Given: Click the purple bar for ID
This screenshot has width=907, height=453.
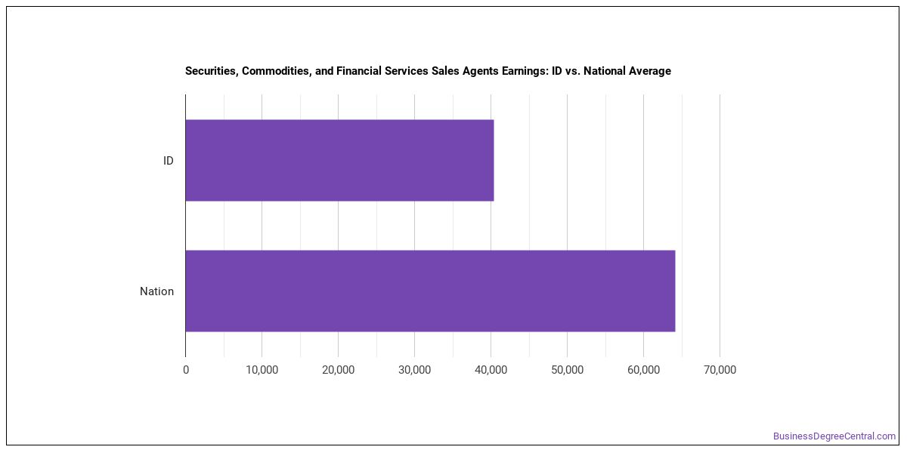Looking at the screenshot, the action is point(339,160).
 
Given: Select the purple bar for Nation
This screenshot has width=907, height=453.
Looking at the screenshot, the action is point(430,291).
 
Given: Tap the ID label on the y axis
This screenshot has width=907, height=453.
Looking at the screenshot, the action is point(169,161).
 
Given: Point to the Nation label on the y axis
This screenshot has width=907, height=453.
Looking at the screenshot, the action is point(156,291).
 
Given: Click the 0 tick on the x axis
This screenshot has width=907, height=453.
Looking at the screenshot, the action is point(186,370).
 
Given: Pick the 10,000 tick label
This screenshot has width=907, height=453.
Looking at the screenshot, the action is point(262,370).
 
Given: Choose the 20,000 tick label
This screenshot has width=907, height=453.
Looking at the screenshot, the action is point(338,370).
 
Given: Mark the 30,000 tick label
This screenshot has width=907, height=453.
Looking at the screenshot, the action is point(415,370).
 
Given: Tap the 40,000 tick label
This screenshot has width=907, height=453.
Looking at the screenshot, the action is point(491,370).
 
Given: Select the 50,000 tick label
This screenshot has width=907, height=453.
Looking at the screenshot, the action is point(568,370).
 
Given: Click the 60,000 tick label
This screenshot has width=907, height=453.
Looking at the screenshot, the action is point(643,370).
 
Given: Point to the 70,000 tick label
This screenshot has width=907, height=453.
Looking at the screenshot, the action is point(720,370).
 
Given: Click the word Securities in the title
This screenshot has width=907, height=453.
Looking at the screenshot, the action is point(212,71).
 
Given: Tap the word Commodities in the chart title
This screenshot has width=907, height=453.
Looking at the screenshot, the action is point(277,71).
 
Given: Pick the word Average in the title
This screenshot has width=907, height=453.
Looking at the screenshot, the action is point(649,71).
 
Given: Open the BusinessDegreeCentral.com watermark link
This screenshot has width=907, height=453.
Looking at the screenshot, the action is point(834,436).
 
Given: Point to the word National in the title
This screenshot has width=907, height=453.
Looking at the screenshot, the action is point(604,71).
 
